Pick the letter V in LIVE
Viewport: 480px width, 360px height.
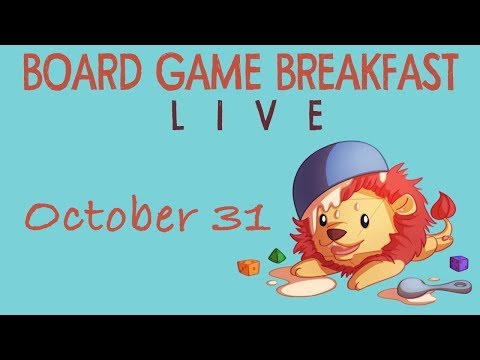pyautogui.click(x=267, y=117)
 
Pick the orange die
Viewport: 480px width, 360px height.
pyautogui.click(x=247, y=266)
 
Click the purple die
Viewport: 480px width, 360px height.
pyautogui.click(x=458, y=263)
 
